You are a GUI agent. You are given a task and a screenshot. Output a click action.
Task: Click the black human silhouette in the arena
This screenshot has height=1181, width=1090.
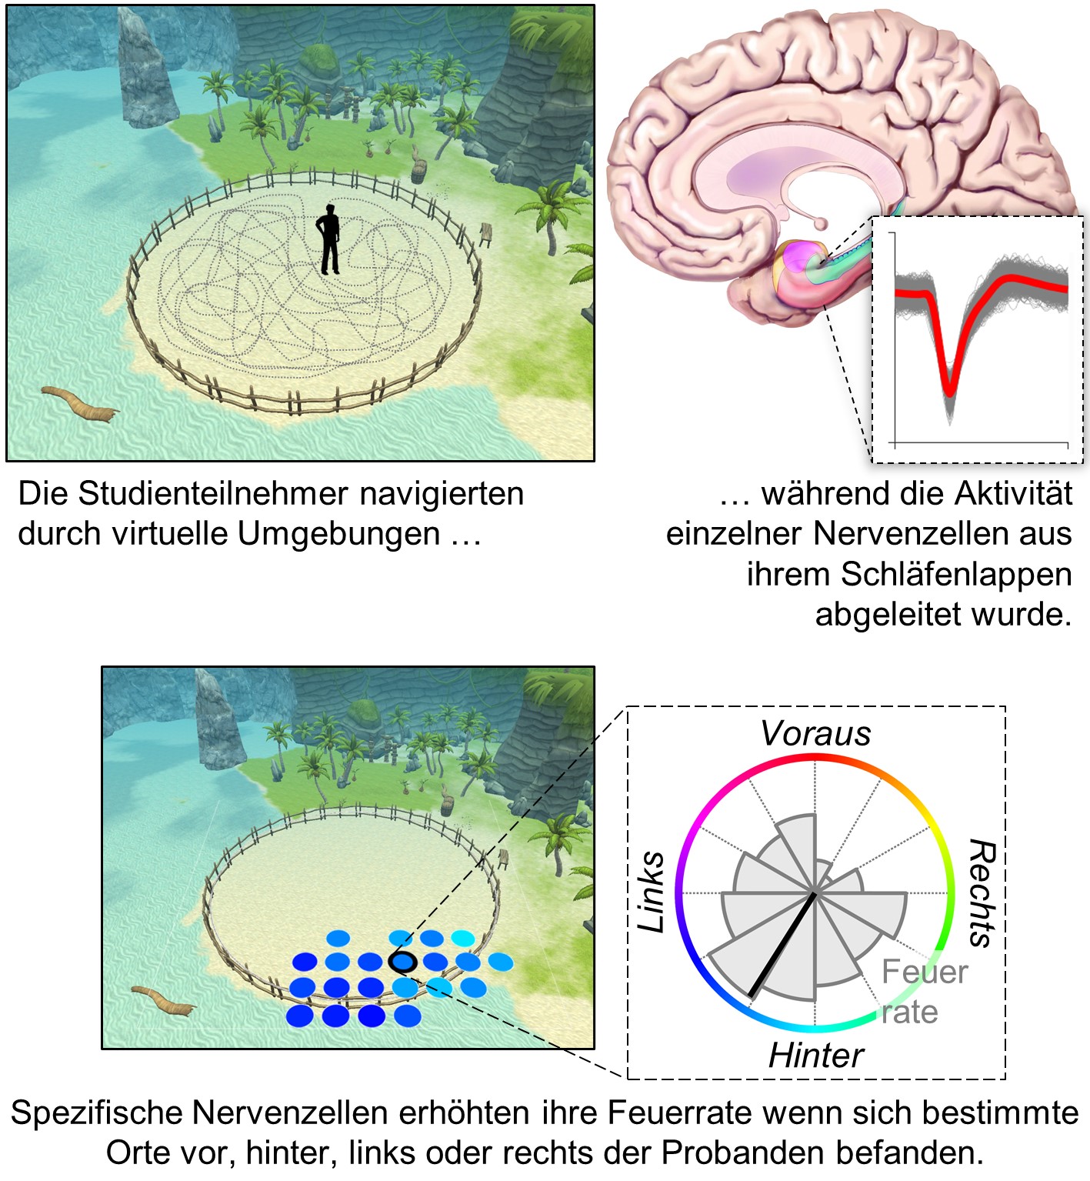tap(329, 239)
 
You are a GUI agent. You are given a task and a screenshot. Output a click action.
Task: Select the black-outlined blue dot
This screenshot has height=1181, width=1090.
tap(403, 962)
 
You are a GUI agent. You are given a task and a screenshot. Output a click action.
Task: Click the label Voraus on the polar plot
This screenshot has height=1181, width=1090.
tap(815, 734)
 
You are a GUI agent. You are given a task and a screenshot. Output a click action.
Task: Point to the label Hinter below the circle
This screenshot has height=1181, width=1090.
tap(815, 1056)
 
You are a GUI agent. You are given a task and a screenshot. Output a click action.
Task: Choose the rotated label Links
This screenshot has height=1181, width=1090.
tap(652, 892)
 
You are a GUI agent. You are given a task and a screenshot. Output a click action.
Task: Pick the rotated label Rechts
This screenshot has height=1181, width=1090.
tap(982, 892)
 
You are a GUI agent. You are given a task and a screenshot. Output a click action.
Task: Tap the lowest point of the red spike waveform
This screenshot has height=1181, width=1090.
tap(950, 391)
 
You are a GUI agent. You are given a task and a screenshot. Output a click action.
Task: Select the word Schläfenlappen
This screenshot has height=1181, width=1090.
tap(955, 575)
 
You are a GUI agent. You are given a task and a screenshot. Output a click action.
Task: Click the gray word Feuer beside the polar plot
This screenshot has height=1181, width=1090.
tap(924, 972)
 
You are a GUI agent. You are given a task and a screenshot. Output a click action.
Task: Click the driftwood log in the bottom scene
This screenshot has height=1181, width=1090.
tap(162, 999)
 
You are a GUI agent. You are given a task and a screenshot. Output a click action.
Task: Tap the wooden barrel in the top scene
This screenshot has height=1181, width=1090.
tap(418, 168)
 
